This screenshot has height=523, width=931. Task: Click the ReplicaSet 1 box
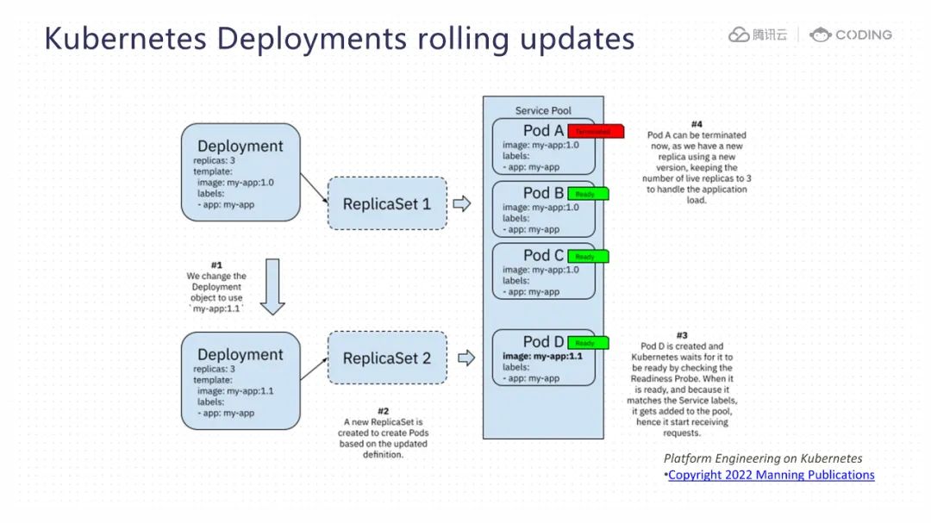[387, 203]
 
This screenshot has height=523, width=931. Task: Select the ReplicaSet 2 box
[387, 358]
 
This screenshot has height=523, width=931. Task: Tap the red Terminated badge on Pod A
[596, 132]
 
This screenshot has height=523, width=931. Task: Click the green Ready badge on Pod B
[589, 194]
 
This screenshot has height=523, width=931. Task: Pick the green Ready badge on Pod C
[589, 256]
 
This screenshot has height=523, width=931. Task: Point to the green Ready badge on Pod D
[589, 343]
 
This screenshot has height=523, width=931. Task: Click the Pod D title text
[543, 342]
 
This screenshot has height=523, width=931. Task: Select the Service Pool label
[543, 110]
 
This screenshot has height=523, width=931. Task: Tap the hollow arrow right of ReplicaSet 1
[462, 203]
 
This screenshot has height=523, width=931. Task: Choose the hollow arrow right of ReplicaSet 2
[466, 358]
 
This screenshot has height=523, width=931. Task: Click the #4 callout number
[697, 124]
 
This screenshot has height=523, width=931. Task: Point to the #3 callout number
[682, 335]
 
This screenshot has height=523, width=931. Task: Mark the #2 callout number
[384, 411]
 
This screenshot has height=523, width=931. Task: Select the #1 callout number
[216, 265]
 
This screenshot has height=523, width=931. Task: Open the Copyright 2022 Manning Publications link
[772, 475]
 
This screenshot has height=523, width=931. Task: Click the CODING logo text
[863, 34]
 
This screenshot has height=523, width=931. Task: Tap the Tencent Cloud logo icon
[739, 35]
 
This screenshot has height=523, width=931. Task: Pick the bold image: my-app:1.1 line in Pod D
[542, 356]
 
